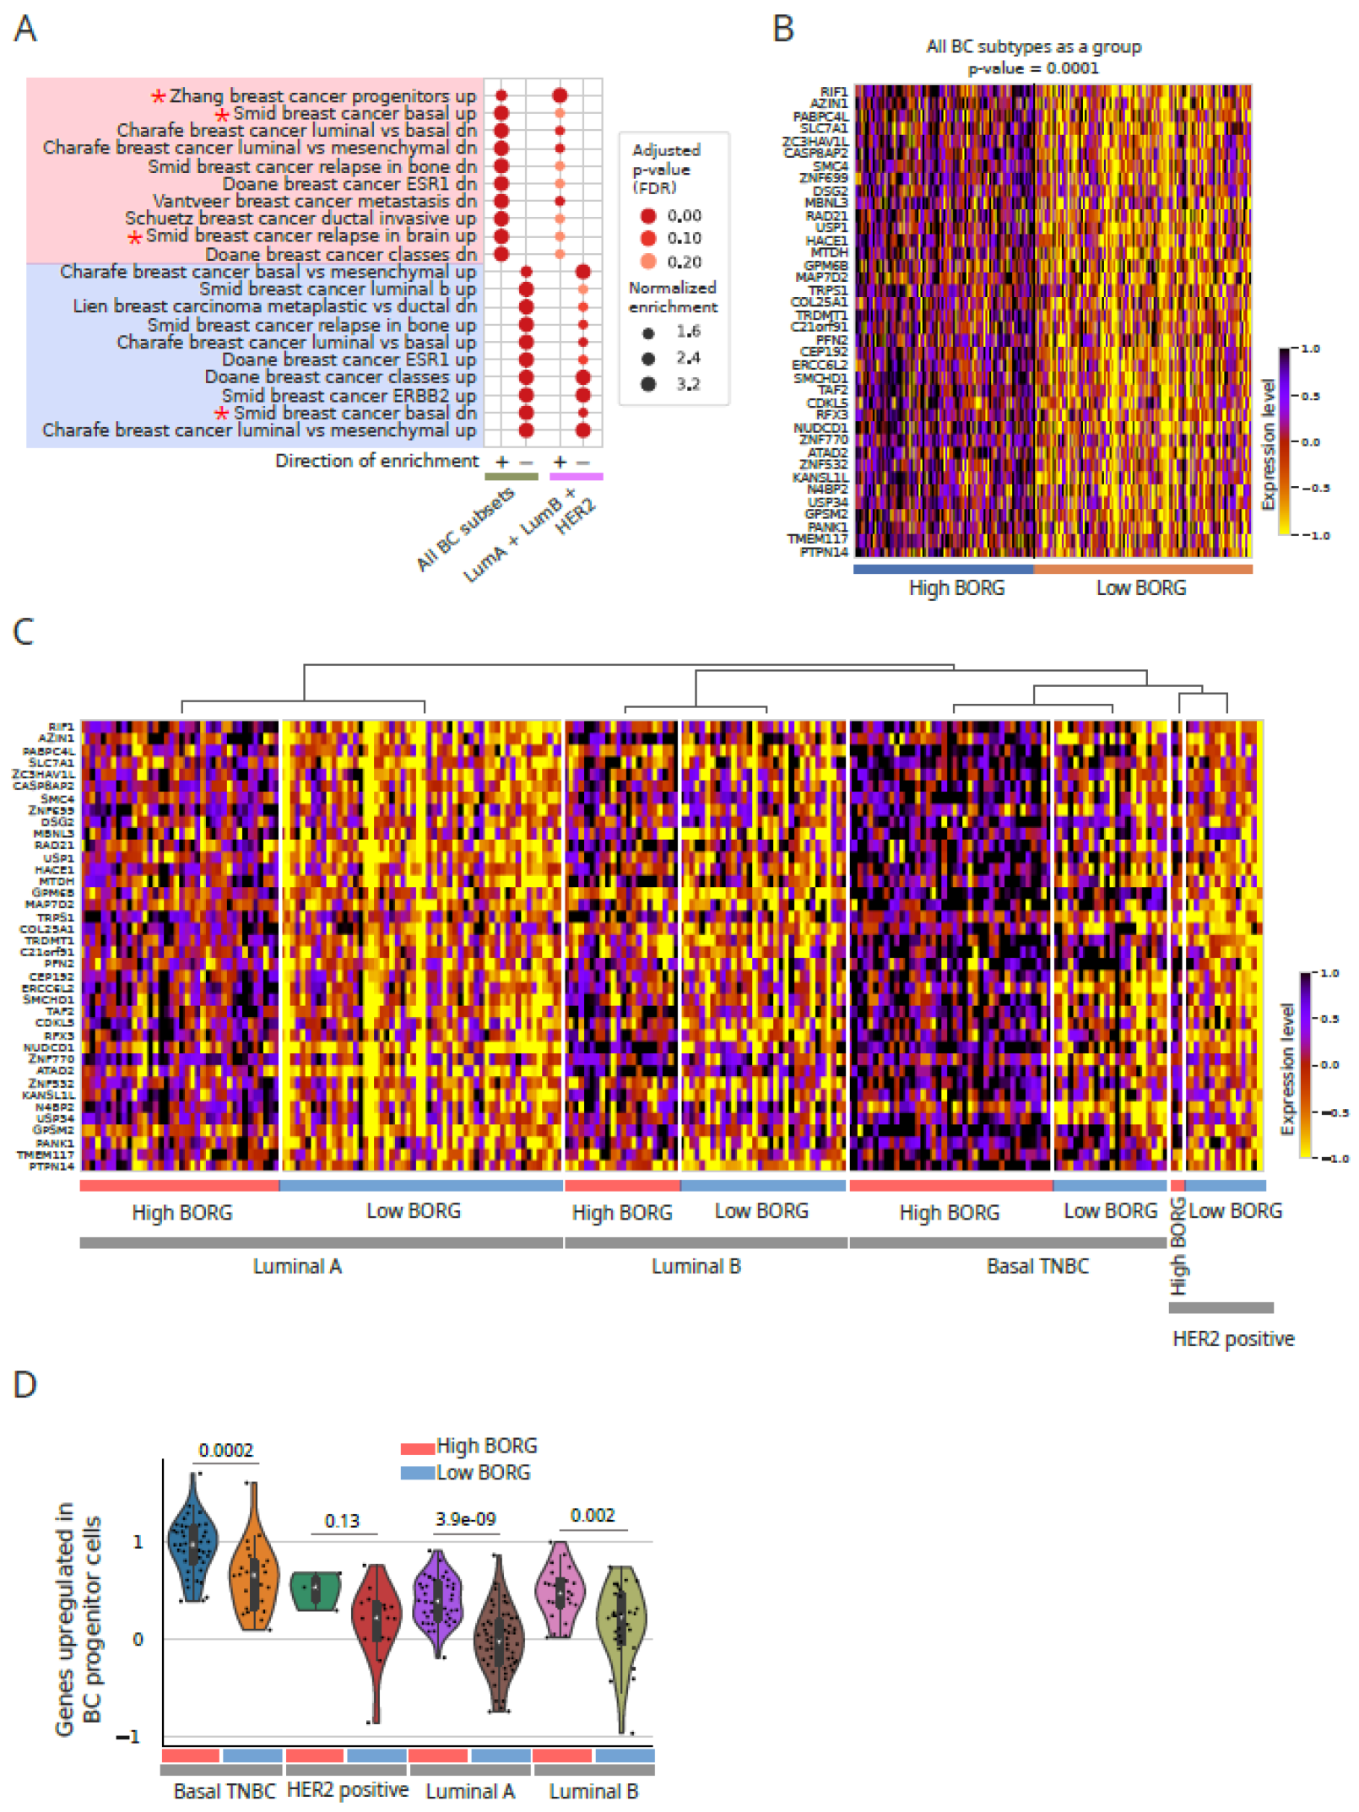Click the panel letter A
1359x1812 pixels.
pyautogui.click(x=25, y=30)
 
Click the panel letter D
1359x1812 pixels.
pyautogui.click(x=25, y=1384)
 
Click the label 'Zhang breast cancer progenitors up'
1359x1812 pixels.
pyautogui.click(x=322, y=96)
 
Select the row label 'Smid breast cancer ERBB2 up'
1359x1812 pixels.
pyautogui.click(x=349, y=395)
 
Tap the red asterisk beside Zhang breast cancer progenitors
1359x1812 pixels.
pyautogui.click(x=158, y=97)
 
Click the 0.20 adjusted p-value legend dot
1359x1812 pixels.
pyautogui.click(x=648, y=262)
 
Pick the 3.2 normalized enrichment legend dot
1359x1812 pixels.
pyautogui.click(x=648, y=384)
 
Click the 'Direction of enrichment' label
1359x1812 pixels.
pyautogui.click(x=376, y=461)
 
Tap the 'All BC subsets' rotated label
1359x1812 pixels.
pyautogui.click(x=465, y=529)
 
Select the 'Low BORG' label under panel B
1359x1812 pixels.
pyautogui.click(x=1140, y=588)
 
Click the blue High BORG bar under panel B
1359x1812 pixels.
pyautogui.click(x=943, y=570)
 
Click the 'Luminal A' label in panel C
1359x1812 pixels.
pyautogui.click(x=297, y=1266)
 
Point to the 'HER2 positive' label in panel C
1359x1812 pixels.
pyautogui.click(x=1232, y=1339)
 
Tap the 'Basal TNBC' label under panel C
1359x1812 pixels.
pyautogui.click(x=1037, y=1266)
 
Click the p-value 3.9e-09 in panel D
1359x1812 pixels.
pyautogui.click(x=465, y=1519)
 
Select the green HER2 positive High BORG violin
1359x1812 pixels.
pyautogui.click(x=316, y=1591)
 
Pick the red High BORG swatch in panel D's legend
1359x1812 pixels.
pyautogui.click(x=417, y=1449)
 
